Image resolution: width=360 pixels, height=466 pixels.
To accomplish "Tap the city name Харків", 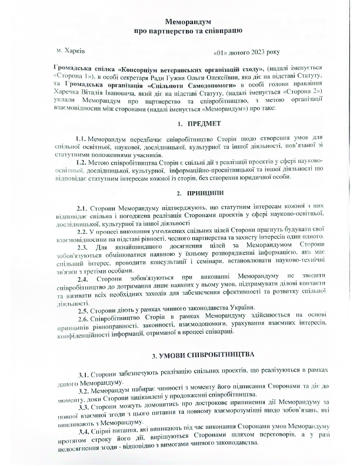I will click(x=73, y=52).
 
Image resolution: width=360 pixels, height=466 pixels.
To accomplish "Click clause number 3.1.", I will click(x=84, y=374).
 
